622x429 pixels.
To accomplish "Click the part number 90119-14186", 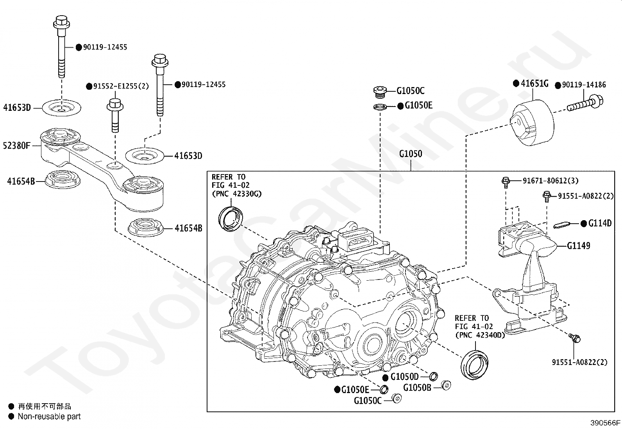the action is pyautogui.click(x=584, y=85).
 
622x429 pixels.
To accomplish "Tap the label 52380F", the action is pyautogui.click(x=16, y=145).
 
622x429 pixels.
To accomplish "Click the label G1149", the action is pyautogui.click(x=578, y=246).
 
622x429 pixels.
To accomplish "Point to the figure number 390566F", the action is pyautogui.click(x=605, y=423).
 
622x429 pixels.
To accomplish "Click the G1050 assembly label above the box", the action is pyautogui.click(x=411, y=154).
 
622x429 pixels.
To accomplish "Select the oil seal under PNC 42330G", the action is pyautogui.click(x=231, y=219).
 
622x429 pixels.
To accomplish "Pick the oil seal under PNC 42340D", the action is pyautogui.click(x=474, y=365).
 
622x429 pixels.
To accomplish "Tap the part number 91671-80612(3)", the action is pyautogui.click(x=551, y=181).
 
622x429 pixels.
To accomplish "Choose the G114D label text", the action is pyautogui.click(x=600, y=223).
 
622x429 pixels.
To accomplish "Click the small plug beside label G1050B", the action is pyautogui.click(x=446, y=385).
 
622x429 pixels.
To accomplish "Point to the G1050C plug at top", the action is pyautogui.click(x=380, y=92).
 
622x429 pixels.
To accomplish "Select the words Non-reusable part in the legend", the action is pyautogui.click(x=49, y=416).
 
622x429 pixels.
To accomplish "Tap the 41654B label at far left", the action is pyautogui.click(x=21, y=181).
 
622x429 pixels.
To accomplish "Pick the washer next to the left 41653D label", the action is pyautogui.click(x=61, y=108).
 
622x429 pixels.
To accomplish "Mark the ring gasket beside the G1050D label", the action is pyautogui.click(x=433, y=377).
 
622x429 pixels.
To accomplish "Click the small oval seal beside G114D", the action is pyautogui.click(x=562, y=225).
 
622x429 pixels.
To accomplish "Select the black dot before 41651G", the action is pyautogui.click(x=516, y=83).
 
